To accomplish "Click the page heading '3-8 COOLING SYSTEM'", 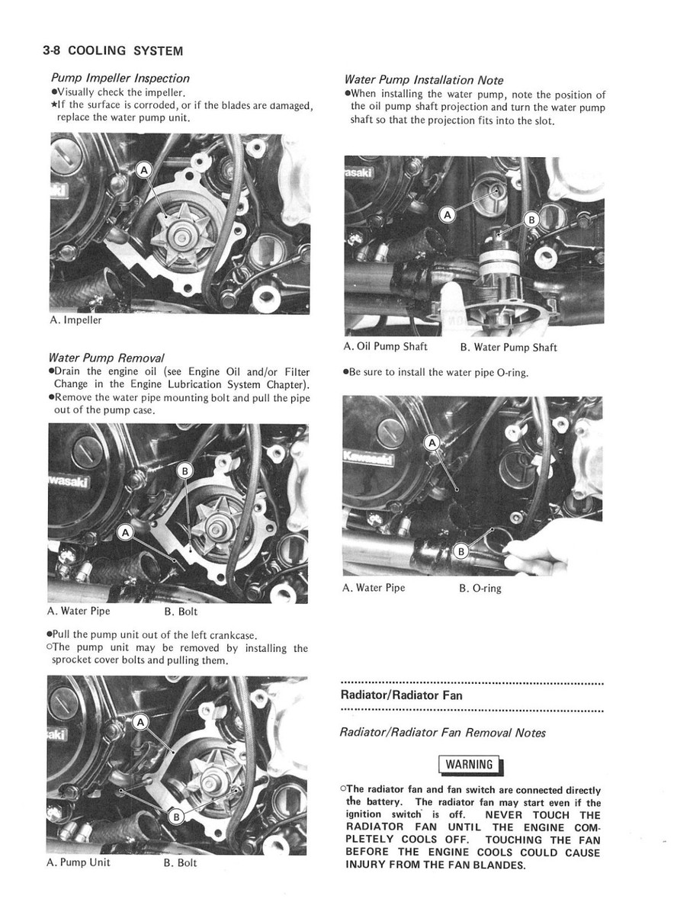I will [113, 51].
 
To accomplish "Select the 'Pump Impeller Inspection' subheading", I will [120, 78].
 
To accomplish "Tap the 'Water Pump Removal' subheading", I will [106, 358].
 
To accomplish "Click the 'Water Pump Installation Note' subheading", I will [423, 79].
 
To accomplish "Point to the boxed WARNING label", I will [470, 764].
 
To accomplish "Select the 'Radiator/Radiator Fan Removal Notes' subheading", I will [442, 733].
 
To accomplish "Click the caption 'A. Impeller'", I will [75, 320].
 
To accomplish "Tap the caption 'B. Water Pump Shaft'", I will [508, 348].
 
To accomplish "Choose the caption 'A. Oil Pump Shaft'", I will [386, 347].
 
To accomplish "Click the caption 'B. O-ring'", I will [480, 588].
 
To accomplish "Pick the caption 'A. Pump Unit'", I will [79, 862].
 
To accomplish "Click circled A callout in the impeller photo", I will [143, 171].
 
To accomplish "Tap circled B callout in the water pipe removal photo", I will [185, 470].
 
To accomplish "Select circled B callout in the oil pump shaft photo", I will [531, 220].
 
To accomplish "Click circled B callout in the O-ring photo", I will [461, 551].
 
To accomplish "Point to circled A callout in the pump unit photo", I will [140, 721].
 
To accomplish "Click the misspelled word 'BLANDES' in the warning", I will [500, 865].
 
